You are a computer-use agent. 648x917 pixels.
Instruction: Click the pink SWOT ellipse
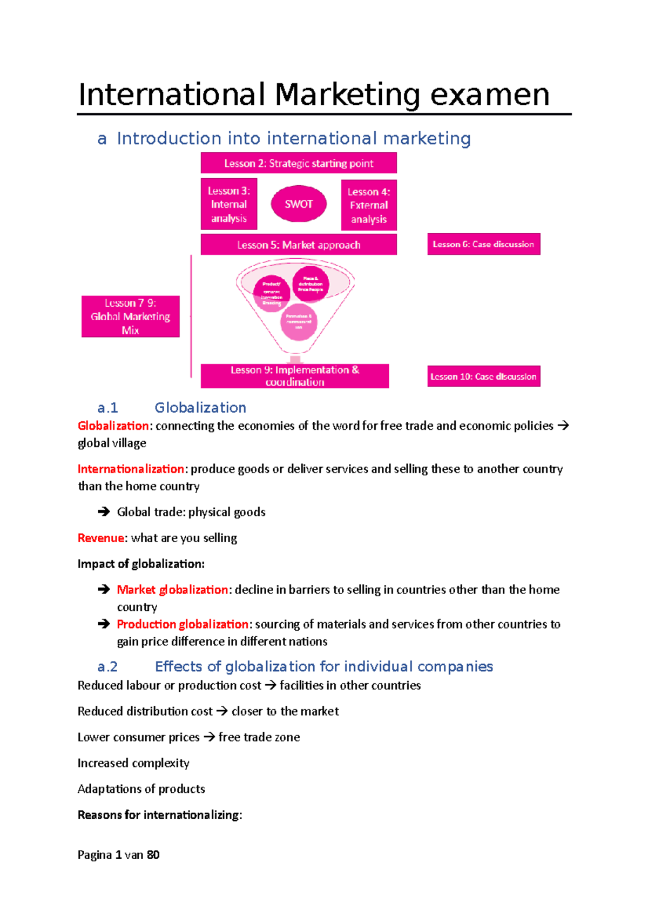pos(299,204)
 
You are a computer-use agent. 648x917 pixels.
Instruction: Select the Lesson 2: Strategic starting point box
pos(299,163)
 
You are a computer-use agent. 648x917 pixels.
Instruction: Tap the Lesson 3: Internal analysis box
pos(229,204)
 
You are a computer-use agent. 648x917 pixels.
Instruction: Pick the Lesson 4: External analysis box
pos(369,205)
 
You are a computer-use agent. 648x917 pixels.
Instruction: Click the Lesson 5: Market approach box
pos(299,245)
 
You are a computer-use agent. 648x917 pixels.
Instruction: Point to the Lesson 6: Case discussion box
pos(483,244)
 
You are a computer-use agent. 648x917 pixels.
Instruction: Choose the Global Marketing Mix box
pos(130,316)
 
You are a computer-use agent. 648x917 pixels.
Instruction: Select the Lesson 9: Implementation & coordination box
pos(295,376)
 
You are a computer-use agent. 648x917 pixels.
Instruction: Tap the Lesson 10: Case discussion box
pos(483,376)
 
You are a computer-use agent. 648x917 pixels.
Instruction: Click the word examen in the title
pos(490,95)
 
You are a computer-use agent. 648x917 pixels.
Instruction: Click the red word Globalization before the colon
pos(113,426)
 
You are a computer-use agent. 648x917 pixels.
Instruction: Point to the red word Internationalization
pos(131,469)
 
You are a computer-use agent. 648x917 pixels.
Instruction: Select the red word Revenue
pos(101,538)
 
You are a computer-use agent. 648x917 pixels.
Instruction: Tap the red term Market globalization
pos(172,590)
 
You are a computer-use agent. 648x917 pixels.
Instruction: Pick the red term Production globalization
pos(183,624)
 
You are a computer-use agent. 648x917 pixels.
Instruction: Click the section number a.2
pos(107,667)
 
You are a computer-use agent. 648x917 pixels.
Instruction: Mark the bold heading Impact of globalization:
pos(141,564)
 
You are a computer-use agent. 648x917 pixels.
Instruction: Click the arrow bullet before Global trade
pos(104,512)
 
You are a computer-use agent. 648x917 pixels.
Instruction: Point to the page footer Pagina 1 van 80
pos(118,855)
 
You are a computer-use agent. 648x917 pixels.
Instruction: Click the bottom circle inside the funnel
pos(299,322)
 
